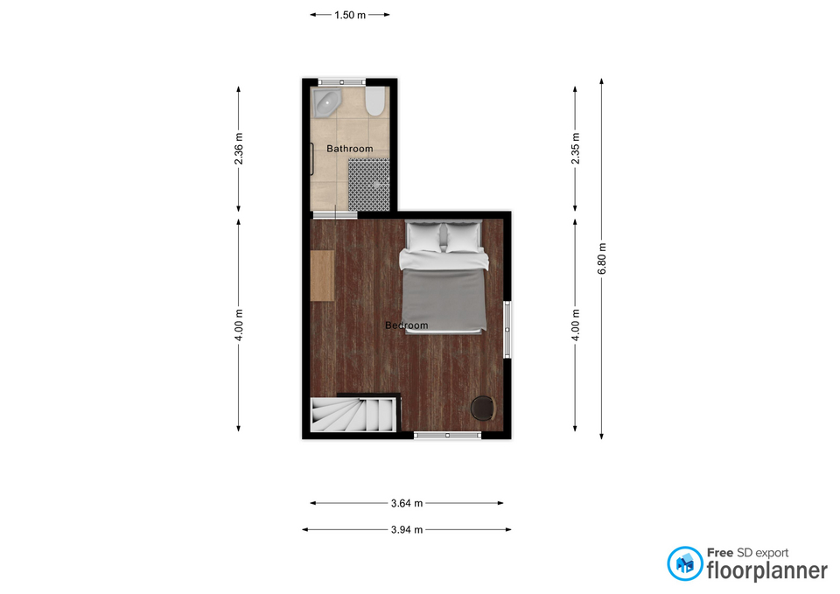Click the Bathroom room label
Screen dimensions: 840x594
350,149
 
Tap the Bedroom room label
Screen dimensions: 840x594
407,325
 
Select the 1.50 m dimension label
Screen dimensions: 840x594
350,15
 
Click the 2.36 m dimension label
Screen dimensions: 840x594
239,149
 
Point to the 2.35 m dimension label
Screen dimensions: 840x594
576,149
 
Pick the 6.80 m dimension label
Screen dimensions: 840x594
602,259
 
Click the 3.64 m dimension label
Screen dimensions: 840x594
407,503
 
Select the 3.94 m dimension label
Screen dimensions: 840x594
407,530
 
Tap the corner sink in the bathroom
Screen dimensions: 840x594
326,102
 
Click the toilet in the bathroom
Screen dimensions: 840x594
375,101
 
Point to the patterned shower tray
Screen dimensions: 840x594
369,185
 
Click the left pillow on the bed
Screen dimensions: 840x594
423,237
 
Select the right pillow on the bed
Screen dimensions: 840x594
464,237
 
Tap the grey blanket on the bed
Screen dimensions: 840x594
444,300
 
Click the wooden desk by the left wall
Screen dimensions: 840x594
323,276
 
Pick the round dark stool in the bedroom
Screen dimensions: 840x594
483,409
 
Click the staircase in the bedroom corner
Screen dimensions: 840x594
354,414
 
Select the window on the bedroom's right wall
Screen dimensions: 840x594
507,330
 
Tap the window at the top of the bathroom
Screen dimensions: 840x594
342,82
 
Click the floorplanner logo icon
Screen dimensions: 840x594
685,563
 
